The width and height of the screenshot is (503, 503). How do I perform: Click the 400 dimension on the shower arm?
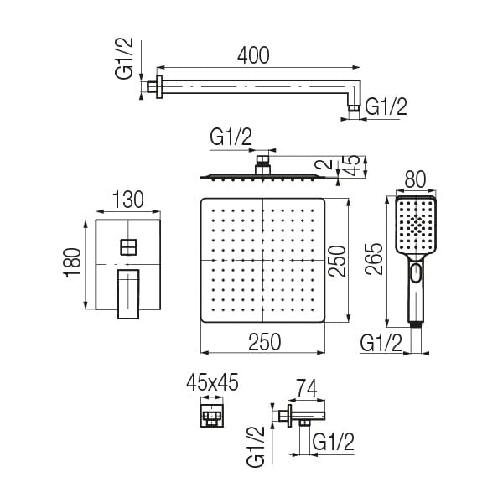pos(253,55)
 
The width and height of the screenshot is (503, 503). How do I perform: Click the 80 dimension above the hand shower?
pos(415,179)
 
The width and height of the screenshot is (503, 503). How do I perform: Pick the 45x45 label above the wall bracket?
pos(212,383)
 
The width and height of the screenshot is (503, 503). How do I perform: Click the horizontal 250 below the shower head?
pos(262,341)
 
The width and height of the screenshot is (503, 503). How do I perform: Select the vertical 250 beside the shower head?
pos(337,261)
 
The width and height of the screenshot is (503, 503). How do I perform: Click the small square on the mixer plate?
pos(128,246)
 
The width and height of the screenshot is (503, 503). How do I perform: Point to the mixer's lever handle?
pos(128,293)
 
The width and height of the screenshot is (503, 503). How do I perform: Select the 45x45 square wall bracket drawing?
pos(212,414)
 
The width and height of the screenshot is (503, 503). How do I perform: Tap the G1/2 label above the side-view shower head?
pos(231,135)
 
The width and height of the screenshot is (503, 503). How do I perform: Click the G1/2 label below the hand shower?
pos(381,342)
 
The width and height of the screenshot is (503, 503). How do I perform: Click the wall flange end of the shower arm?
pos(153,86)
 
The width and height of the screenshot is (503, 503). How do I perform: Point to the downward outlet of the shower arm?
pos(355,106)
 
